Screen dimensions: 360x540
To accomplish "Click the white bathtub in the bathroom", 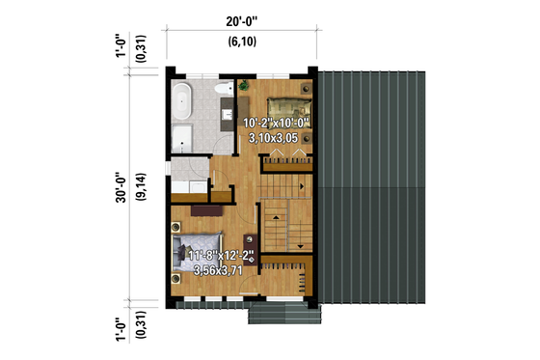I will pos(182,99).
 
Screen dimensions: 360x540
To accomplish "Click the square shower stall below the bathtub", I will pos(183,137).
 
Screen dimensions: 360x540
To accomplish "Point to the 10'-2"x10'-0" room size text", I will pos(277,124).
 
